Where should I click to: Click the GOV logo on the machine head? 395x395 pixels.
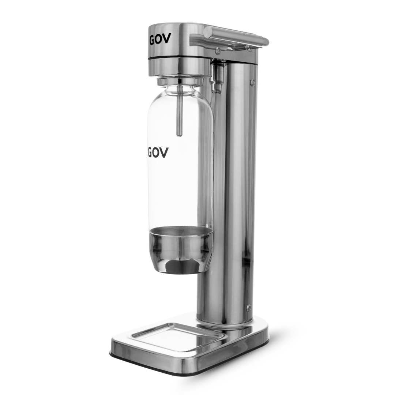[160, 39]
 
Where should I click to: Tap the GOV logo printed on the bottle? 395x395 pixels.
[158, 153]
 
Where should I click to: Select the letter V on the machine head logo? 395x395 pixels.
[167, 38]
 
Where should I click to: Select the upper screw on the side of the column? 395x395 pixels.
[252, 81]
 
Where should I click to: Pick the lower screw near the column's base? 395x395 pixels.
[248, 307]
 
